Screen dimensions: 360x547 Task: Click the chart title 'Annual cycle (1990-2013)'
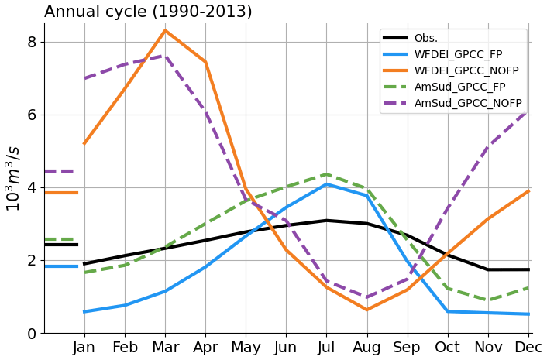click(x=148, y=12)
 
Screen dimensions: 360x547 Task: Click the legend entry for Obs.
click(x=425, y=38)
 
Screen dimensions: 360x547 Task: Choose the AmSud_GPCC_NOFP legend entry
click(x=467, y=103)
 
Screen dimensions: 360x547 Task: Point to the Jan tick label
click(x=84, y=348)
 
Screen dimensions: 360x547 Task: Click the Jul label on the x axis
click(x=326, y=348)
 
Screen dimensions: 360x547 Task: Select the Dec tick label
click(x=529, y=348)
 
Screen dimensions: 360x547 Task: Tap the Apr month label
click(x=205, y=348)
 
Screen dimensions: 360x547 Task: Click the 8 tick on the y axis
click(x=32, y=42)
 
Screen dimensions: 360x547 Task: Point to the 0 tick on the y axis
click(x=32, y=334)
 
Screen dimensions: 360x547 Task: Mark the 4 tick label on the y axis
click(x=32, y=188)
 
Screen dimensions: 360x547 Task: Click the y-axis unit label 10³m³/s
click(x=13, y=178)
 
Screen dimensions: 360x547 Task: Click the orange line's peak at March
click(x=165, y=31)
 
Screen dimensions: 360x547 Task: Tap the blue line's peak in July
click(x=326, y=184)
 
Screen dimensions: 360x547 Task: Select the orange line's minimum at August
click(x=366, y=310)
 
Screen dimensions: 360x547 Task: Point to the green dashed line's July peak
click(x=326, y=174)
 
